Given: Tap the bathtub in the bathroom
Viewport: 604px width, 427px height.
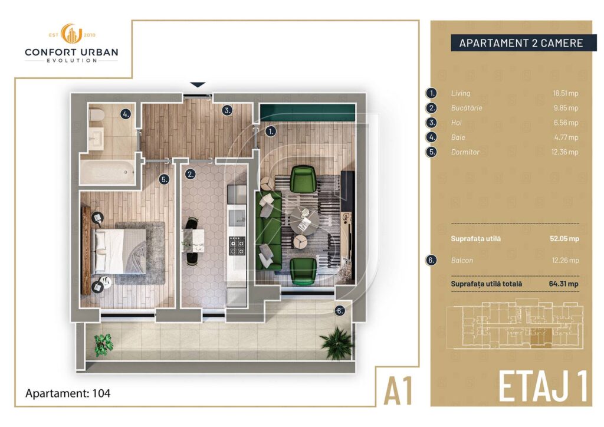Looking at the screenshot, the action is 107,172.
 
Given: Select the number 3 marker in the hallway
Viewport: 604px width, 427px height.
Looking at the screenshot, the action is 227,110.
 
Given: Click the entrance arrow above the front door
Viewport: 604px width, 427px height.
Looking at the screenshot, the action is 198,85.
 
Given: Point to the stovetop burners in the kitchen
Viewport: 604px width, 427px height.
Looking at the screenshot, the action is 237,247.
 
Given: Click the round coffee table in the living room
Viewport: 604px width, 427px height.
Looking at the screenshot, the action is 305,221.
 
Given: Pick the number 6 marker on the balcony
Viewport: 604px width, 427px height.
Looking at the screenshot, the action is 339,311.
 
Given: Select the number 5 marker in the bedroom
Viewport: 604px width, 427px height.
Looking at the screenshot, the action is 165,179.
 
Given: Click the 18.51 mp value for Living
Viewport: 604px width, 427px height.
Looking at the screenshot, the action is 566,93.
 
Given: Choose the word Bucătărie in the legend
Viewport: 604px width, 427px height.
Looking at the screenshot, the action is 467,108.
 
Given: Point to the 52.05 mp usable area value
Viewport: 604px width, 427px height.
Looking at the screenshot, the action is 564,238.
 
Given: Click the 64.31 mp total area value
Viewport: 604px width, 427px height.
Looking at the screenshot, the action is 563,284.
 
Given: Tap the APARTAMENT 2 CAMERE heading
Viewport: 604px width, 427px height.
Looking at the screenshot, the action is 521,43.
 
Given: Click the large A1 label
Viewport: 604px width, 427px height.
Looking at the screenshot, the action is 398,391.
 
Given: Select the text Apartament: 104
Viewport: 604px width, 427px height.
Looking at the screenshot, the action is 68,393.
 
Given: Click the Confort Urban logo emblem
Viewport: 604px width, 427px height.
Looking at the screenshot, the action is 71,34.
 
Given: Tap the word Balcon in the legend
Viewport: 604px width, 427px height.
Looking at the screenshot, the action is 462,260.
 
